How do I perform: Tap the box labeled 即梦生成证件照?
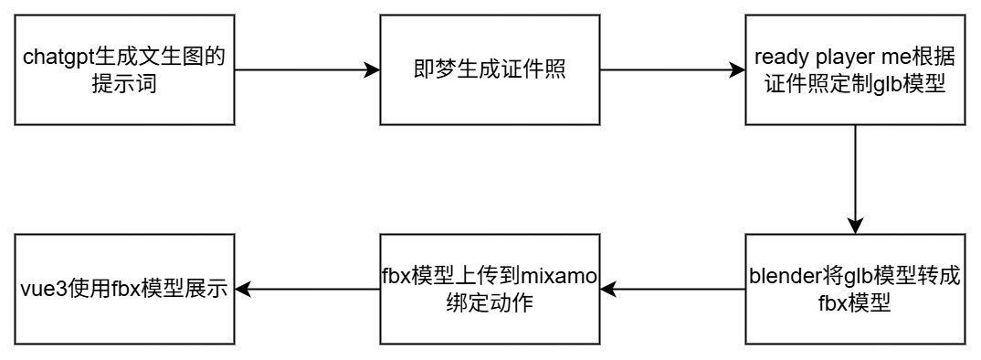tap(489, 70)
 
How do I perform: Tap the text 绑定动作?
tap(489, 302)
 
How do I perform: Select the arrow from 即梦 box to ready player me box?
tap(671, 70)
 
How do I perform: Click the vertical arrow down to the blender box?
tap(854, 178)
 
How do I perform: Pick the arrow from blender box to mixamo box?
tap(671, 290)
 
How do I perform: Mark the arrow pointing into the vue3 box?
tap(306, 290)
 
